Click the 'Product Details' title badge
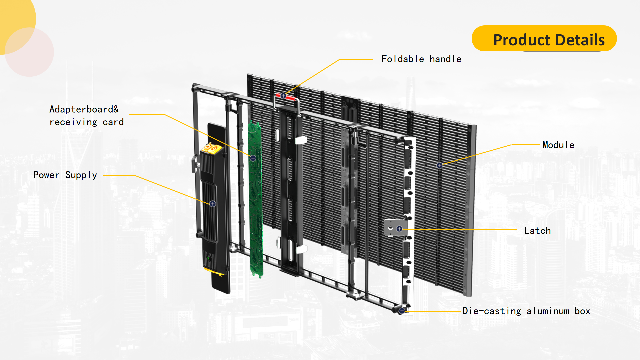click(x=544, y=38)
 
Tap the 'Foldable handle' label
click(x=421, y=59)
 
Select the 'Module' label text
click(x=558, y=145)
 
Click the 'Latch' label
click(x=537, y=231)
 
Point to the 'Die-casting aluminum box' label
click(x=526, y=311)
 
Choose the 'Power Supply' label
click(x=65, y=175)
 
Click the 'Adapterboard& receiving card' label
click(x=86, y=116)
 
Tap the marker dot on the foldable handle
click(x=283, y=96)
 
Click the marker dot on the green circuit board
click(x=253, y=158)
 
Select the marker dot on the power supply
click(x=213, y=204)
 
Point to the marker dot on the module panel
click(x=440, y=165)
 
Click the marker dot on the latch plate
click(x=399, y=229)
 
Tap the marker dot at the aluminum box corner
click(x=402, y=311)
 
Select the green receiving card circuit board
click(x=256, y=199)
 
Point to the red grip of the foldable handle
click(x=285, y=97)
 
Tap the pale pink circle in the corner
click(x=29, y=52)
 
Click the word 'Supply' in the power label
click(x=81, y=175)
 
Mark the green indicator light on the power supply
click(x=208, y=258)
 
